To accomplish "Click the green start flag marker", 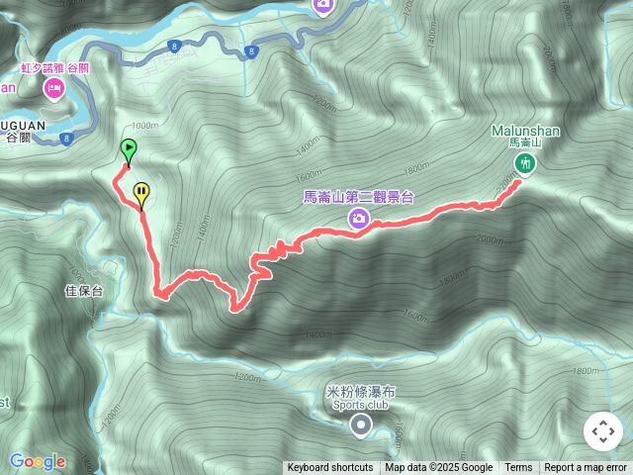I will tap(129, 150).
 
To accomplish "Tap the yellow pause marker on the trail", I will tap(141, 191).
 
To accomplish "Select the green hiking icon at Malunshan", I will tap(525, 163).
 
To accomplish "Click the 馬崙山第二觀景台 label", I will tap(358, 197).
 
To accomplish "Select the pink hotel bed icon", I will tap(53, 89).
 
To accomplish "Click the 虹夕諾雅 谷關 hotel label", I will tap(54, 69).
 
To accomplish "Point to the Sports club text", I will tap(359, 405).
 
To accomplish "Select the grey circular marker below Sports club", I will tap(361, 426).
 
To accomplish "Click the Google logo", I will tap(38, 461).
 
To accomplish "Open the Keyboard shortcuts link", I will tap(329, 468).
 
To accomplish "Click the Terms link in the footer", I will tap(518, 468).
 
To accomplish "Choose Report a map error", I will tap(586, 468).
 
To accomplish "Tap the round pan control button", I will tap(603, 431).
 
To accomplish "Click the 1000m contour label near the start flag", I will tap(143, 126).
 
